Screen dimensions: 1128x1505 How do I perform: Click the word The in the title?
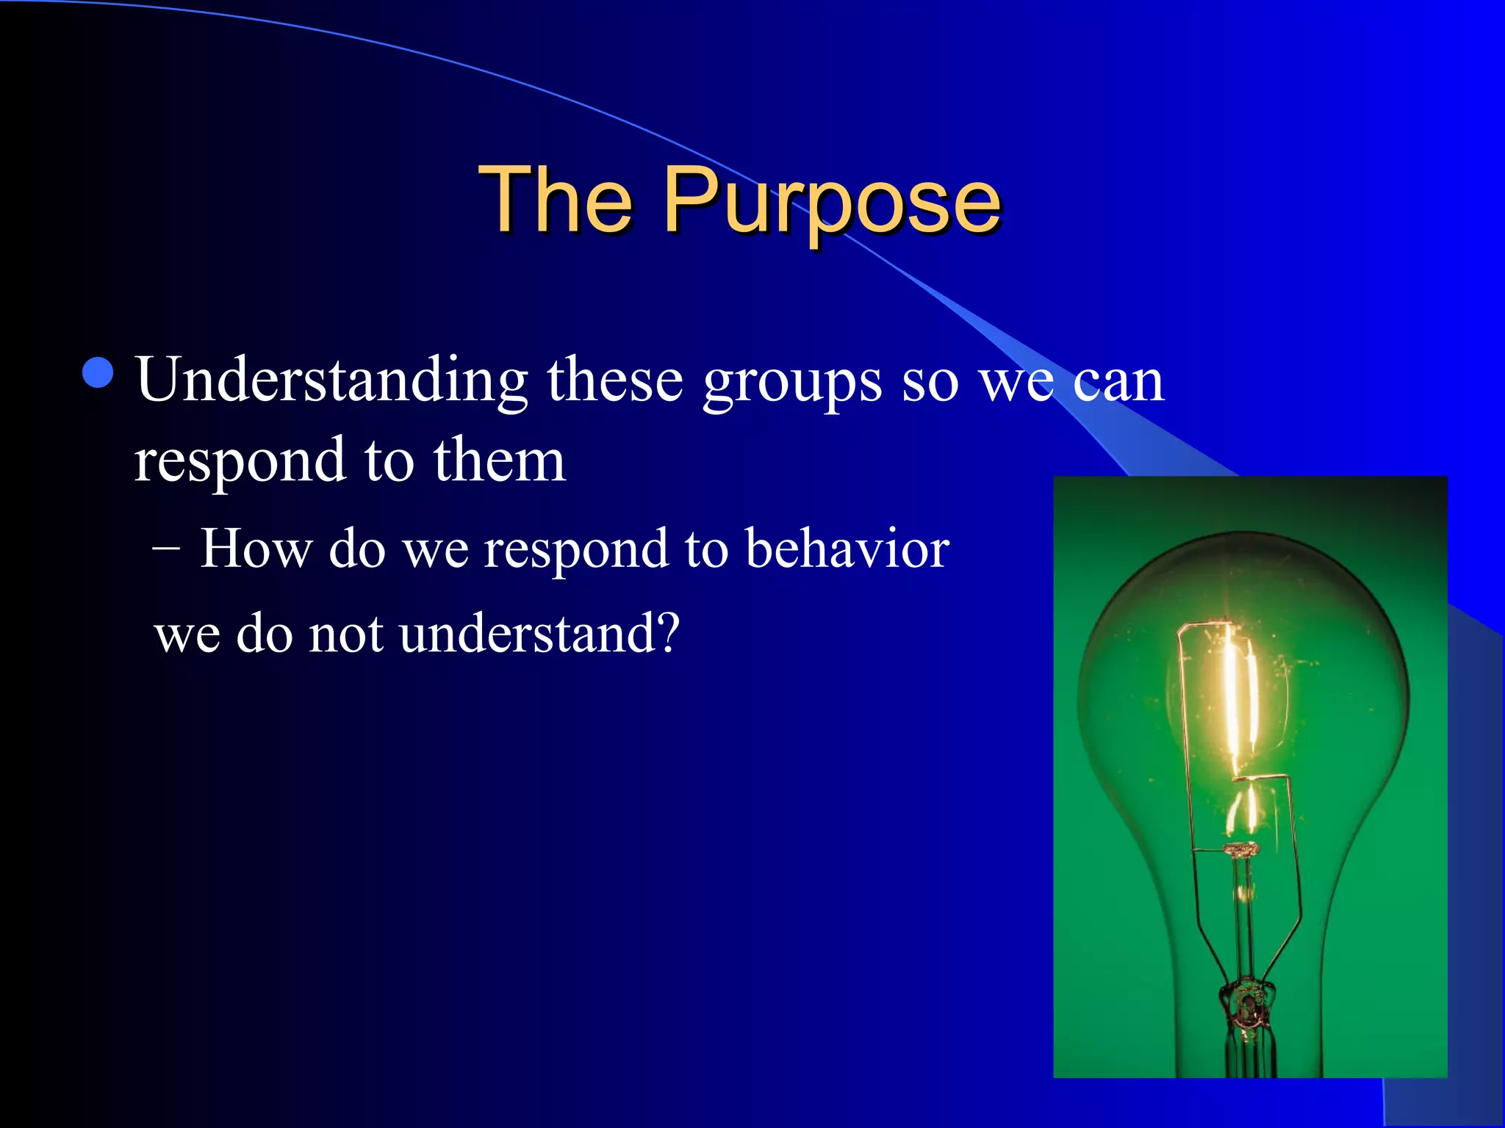[x=556, y=200]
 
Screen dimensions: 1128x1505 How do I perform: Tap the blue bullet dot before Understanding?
[x=98, y=372]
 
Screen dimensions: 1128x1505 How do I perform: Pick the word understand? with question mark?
[x=540, y=634]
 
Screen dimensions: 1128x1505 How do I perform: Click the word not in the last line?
[x=345, y=634]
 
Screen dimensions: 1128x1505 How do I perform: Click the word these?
[x=615, y=382]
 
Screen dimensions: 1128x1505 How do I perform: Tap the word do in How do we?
[x=356, y=549]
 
